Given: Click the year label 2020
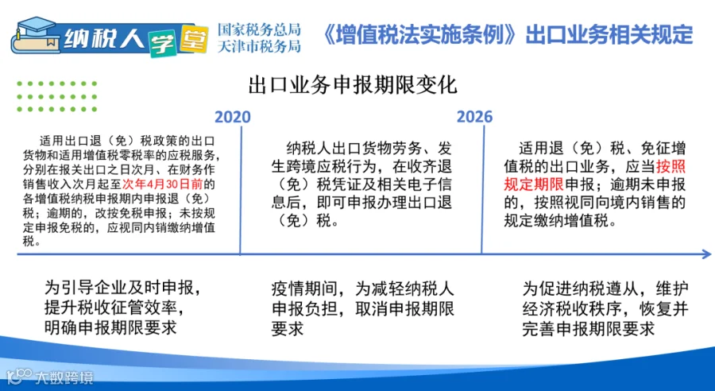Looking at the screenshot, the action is point(233,118).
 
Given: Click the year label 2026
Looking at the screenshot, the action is point(475,118).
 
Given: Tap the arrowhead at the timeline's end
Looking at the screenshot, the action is point(706,254).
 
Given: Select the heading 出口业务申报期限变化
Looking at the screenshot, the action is point(353,86).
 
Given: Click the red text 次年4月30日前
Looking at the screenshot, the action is point(162,185).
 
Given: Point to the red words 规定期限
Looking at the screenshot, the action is point(534,185).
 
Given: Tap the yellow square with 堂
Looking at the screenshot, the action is point(193,39).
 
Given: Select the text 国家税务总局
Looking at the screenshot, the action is point(259,29).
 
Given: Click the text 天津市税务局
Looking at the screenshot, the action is point(259,47).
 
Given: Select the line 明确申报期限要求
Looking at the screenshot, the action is point(110,328).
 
